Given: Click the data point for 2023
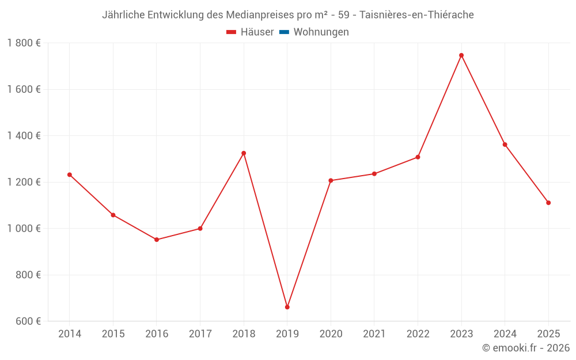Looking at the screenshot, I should click(x=461, y=55).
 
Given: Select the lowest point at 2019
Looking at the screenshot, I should click(x=287, y=307).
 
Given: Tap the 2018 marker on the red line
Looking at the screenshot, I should click(x=244, y=153).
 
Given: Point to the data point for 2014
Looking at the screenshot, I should click(x=70, y=175).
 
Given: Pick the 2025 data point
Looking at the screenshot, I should click(x=548, y=203).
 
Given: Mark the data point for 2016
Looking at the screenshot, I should click(x=157, y=240).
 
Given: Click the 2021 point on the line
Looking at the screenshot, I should click(x=374, y=174).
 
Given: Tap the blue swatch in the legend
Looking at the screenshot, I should click(x=283, y=32).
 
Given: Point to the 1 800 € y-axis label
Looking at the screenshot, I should click(x=24, y=43).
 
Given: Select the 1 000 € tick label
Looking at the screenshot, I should click(x=24, y=229).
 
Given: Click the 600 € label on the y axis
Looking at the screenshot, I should click(x=27, y=321).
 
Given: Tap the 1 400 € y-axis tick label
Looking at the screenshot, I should click(x=24, y=136).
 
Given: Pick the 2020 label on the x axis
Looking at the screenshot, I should click(x=331, y=334).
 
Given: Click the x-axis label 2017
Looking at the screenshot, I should click(x=200, y=334).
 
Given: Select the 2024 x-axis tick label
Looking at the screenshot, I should click(x=505, y=334).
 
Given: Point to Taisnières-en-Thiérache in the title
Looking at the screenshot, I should click(x=416, y=15).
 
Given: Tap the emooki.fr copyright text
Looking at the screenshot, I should click(x=526, y=348).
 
